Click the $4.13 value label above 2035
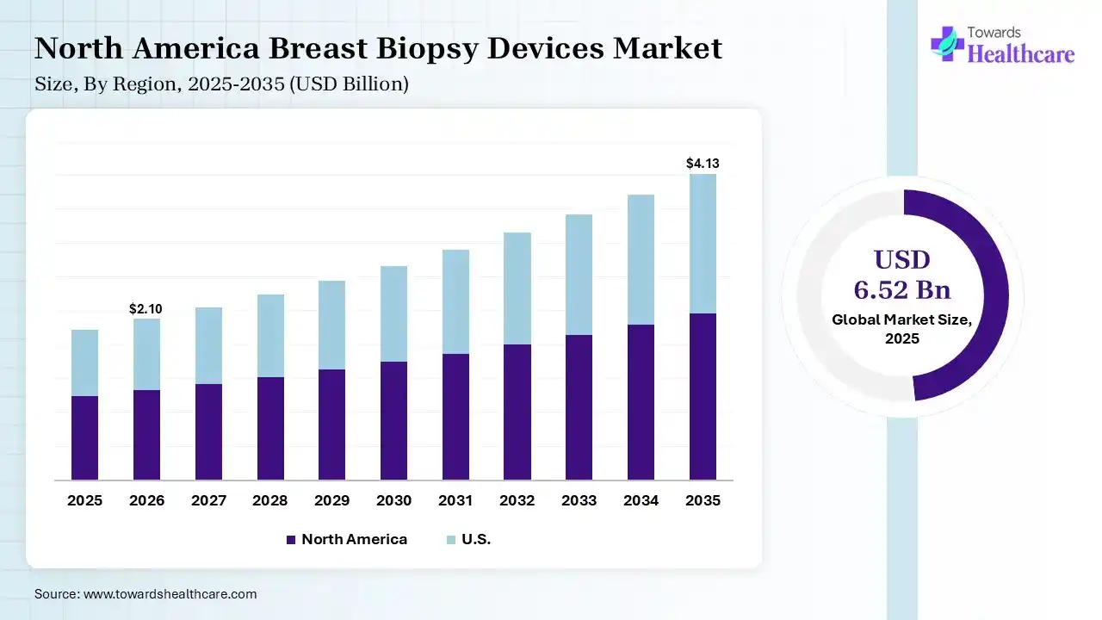[x=701, y=163]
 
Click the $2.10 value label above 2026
[x=145, y=308]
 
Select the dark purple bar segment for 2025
[x=84, y=437]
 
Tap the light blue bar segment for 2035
[x=703, y=244]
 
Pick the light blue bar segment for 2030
[x=393, y=313]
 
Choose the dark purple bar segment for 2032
[x=517, y=412]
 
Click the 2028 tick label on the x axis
[x=270, y=500]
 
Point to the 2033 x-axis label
[x=579, y=500]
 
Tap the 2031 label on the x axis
[x=455, y=500]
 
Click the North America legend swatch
[x=290, y=540]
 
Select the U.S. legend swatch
[x=450, y=540]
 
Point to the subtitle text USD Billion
[x=359, y=84]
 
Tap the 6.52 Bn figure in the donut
[x=902, y=288]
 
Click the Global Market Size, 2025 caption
[x=902, y=329]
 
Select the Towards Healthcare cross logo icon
[x=947, y=43]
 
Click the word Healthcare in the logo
[x=1021, y=54]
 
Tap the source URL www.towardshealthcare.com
[x=170, y=594]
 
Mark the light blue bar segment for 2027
[x=208, y=345]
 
